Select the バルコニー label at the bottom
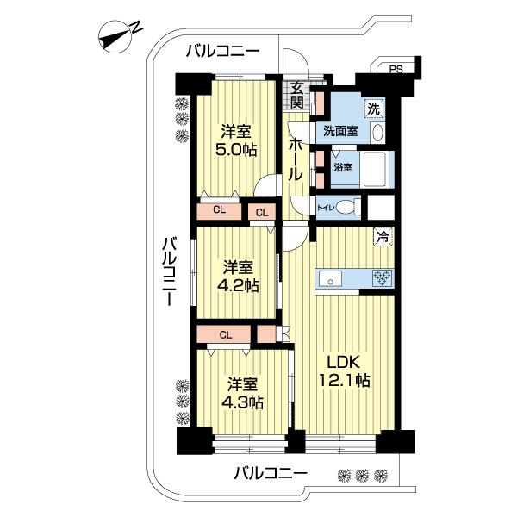pyautogui.click(x=271, y=473)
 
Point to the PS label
pyautogui.click(x=395, y=70)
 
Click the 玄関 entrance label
pyautogui.click(x=296, y=94)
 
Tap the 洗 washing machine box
pyautogui.click(x=373, y=109)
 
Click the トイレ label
pyautogui.click(x=325, y=208)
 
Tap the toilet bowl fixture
pyautogui.click(x=346, y=208)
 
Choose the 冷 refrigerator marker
pyautogui.click(x=381, y=234)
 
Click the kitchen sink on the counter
pyautogui.click(x=332, y=277)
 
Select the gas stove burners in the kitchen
pyautogui.click(x=381, y=277)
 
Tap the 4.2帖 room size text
pyautogui.click(x=239, y=286)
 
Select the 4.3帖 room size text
pyautogui.click(x=246, y=402)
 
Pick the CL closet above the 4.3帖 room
pyautogui.click(x=224, y=334)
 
